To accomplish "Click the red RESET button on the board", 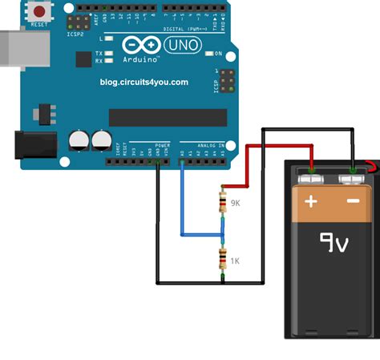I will click(38, 11).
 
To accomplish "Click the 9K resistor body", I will click(222, 203).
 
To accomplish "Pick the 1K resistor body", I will click(222, 260).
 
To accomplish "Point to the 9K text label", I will click(236, 204).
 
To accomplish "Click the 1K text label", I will click(236, 261).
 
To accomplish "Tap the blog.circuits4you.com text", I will click(144, 82).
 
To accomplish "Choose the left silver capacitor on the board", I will click(79, 140).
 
